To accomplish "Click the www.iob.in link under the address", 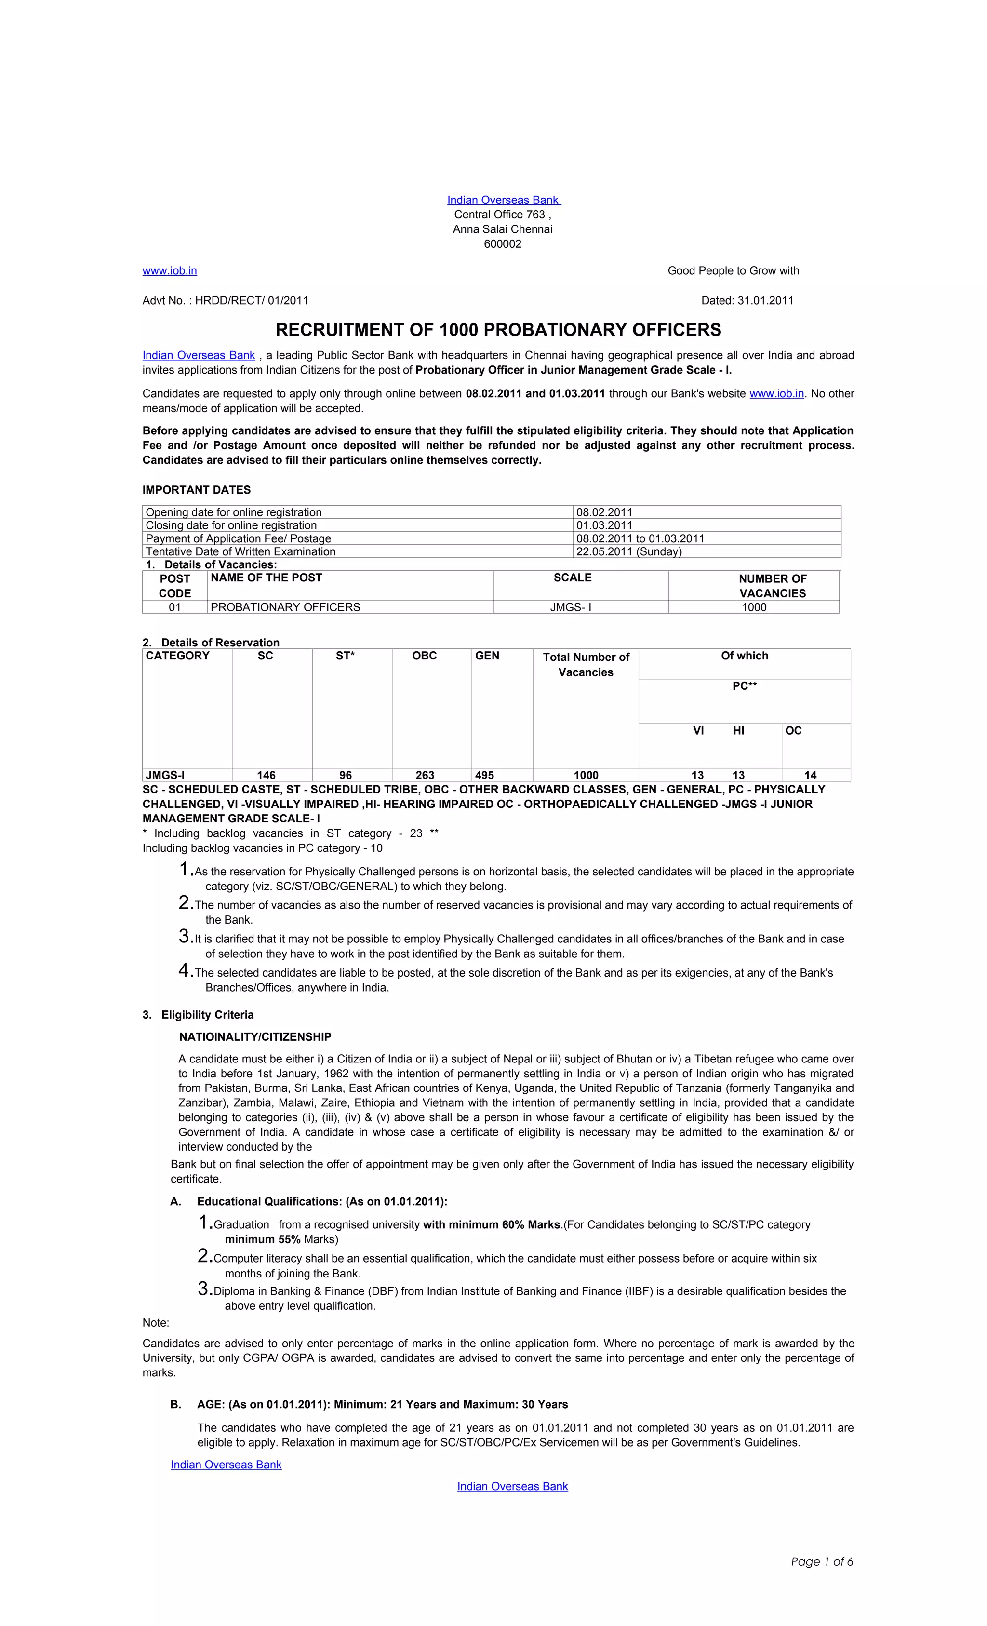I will click(x=170, y=270).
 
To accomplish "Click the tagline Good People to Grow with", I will click(x=733, y=270).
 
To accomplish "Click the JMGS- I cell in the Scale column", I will click(x=570, y=607).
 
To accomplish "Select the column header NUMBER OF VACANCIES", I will click(x=772, y=585).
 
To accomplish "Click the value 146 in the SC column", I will click(x=266, y=775).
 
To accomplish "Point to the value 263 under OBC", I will click(x=424, y=775).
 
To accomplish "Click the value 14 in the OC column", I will click(x=810, y=775).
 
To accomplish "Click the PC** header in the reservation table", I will click(x=744, y=685).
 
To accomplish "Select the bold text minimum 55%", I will click(x=263, y=1239).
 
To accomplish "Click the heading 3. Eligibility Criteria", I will click(x=198, y=1014).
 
